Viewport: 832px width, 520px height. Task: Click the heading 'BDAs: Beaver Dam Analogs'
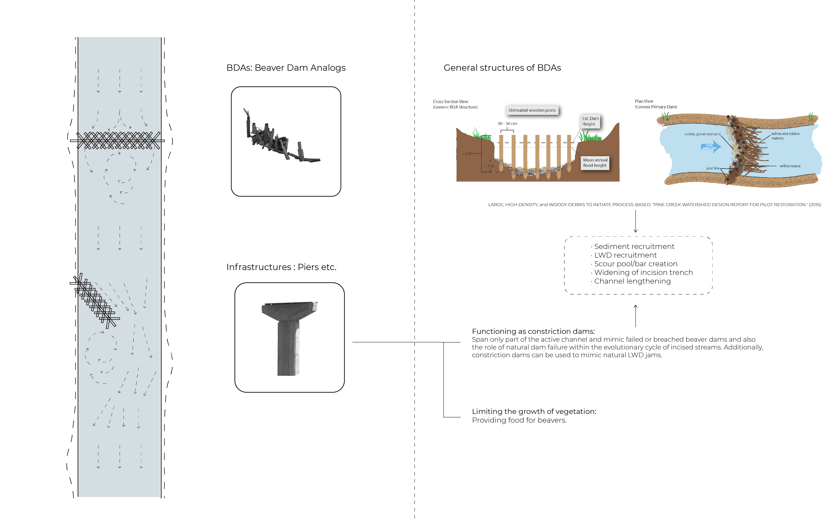[286, 68]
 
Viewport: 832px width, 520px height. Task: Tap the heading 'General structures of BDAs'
[502, 68]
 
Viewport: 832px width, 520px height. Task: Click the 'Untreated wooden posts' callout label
[532, 110]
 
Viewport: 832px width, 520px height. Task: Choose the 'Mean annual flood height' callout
[595, 163]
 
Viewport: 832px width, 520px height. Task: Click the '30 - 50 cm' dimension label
[507, 123]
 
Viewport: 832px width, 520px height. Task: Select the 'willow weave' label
[790, 166]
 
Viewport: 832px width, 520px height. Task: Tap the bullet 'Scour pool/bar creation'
[634, 264]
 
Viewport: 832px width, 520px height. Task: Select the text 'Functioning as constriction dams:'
[533, 332]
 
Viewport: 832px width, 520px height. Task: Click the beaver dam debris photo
[282, 137]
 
